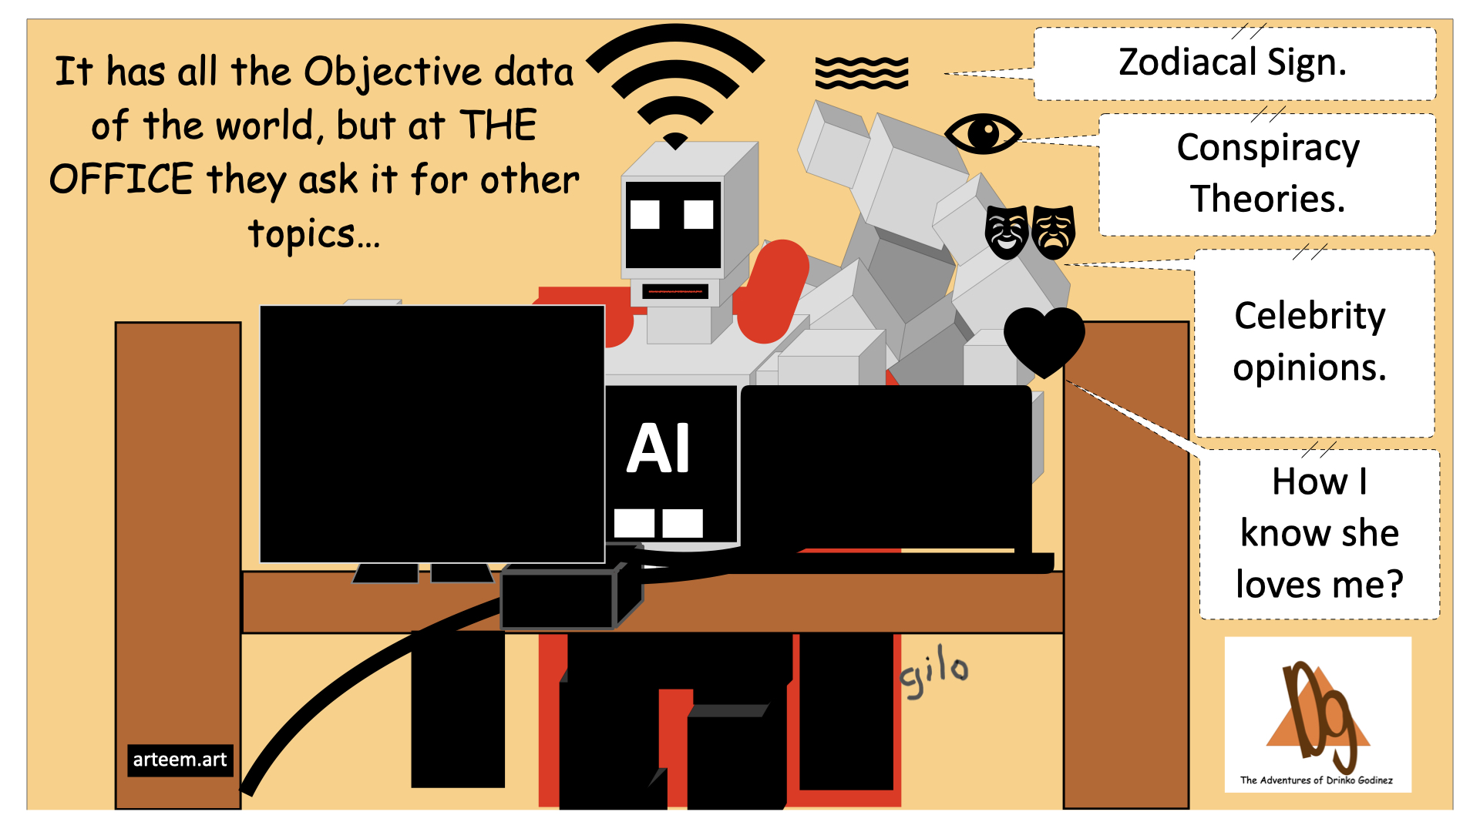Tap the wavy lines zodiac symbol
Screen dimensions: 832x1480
862,73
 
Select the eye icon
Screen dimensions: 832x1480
983,133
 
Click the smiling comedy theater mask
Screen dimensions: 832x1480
1006,231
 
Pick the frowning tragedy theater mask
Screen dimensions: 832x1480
1053,231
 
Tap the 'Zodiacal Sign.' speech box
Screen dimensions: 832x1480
1233,64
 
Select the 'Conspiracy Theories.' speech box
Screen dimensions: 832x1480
1267,174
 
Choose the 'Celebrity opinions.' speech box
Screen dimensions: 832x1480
1310,342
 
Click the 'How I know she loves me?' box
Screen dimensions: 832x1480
1319,533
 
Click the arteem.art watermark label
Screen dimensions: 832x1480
180,760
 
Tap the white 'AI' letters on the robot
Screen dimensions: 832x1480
658,448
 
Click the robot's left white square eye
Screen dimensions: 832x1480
644,214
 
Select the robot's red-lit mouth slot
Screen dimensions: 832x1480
675,292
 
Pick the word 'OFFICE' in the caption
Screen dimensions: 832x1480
121,180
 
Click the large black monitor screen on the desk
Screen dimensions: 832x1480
432,434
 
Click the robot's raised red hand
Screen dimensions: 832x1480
775,289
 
